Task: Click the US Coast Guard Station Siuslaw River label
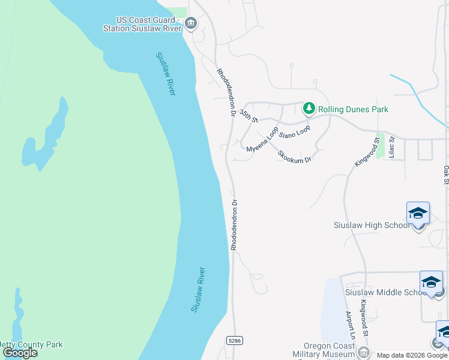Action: [147, 23]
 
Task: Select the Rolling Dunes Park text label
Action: [353, 109]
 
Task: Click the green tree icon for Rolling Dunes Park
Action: [309, 109]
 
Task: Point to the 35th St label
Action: [248, 115]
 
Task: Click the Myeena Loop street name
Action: [262, 139]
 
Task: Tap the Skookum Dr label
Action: [295, 155]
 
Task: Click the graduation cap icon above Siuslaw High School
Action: [418, 213]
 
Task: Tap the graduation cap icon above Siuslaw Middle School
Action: [431, 282]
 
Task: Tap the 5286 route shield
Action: [234, 340]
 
